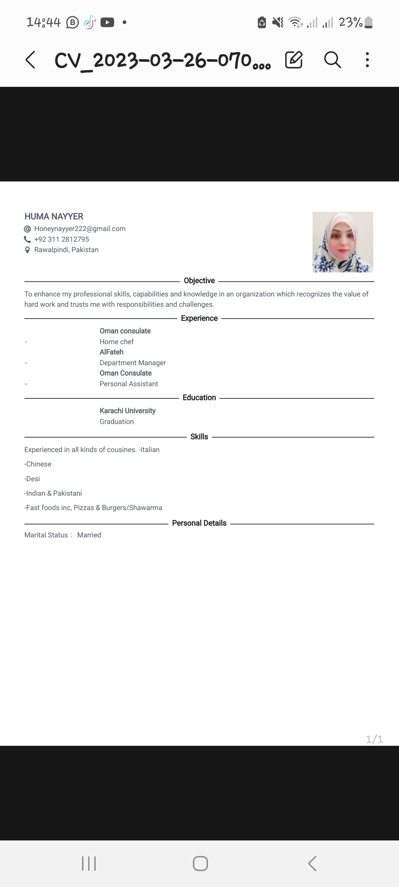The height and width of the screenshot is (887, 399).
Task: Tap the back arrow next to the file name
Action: pos(30,60)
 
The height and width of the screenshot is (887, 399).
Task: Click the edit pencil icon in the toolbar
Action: pos(294,60)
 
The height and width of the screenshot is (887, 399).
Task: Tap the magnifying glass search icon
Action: pos(332,60)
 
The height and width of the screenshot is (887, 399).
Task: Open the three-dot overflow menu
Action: pos(367,60)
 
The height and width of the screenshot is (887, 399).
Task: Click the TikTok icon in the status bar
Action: pos(89,23)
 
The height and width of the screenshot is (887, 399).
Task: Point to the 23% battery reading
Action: pos(350,23)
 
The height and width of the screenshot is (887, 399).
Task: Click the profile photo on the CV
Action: pos(342,242)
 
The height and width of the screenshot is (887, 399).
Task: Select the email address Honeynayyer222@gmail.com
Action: pos(80,229)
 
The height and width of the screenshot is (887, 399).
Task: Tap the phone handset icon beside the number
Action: pos(27,239)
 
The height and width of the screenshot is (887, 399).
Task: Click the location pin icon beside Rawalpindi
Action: pos(27,250)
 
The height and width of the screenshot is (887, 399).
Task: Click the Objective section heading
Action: pos(199,281)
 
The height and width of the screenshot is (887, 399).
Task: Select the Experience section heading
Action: pos(199,318)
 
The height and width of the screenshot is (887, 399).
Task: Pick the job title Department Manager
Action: pos(133,363)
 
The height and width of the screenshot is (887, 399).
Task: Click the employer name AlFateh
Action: pos(111,352)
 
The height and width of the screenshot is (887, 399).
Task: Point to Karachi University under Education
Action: pos(127,411)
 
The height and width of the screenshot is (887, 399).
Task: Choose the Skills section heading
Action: pos(199,436)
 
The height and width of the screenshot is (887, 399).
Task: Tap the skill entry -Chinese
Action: pos(38,464)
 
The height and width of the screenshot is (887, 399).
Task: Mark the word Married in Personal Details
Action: pos(89,535)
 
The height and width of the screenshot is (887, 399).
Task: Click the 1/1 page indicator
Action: pos(374,739)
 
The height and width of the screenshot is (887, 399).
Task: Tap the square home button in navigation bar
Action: pos(200,864)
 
